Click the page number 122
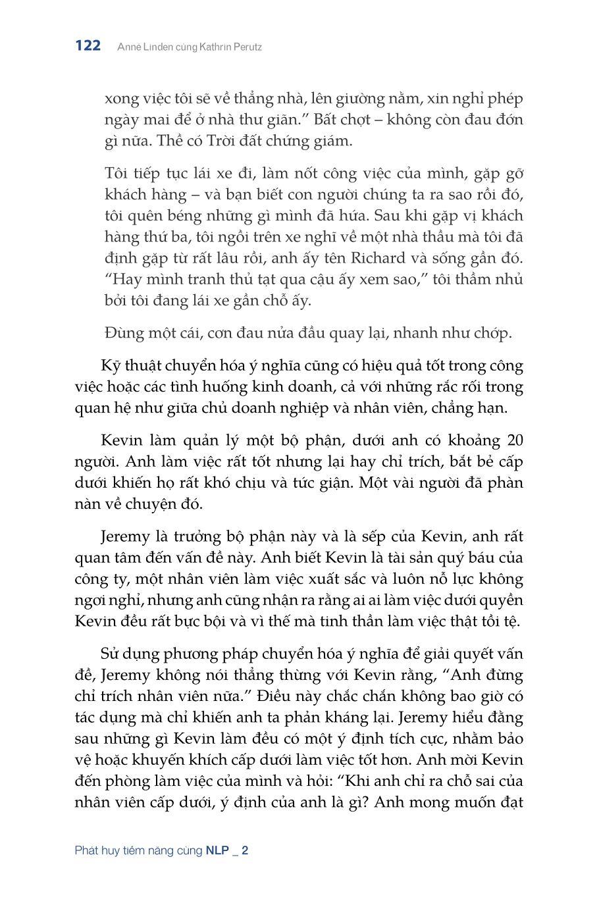click(88, 45)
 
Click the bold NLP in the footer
click(217, 850)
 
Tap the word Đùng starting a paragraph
click(122, 333)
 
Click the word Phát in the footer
click(87, 850)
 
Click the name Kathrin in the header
click(201, 47)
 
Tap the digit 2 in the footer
click(245, 850)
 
